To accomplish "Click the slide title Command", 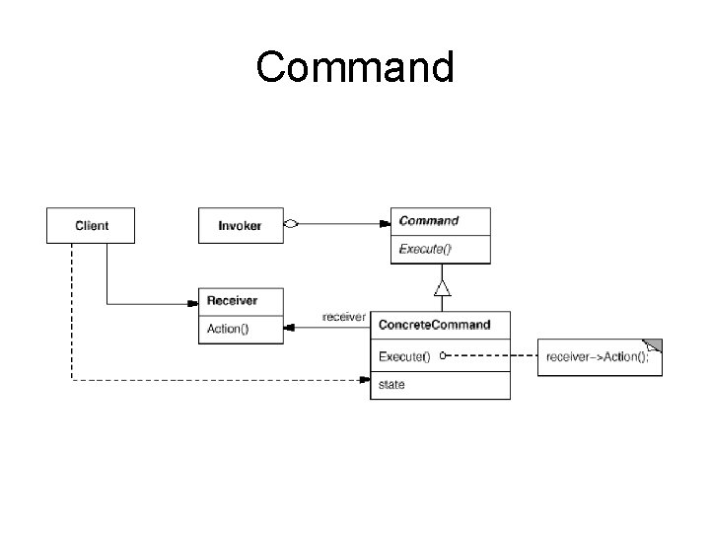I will [x=355, y=67].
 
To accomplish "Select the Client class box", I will [x=91, y=225].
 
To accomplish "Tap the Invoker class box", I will [x=240, y=225].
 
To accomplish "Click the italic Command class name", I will [x=428, y=220].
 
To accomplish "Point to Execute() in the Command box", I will [x=424, y=249].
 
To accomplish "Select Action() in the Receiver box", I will [x=228, y=328].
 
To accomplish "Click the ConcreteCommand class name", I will [x=435, y=325].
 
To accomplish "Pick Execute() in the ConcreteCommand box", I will [x=404, y=354].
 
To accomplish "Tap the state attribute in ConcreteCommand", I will [x=391, y=384].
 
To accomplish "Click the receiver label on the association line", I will [x=344, y=317].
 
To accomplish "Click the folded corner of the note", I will [x=653, y=345].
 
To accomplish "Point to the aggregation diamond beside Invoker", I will [x=291, y=224].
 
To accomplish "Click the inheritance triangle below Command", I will [x=442, y=287].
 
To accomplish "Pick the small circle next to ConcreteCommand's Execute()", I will [x=444, y=354].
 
